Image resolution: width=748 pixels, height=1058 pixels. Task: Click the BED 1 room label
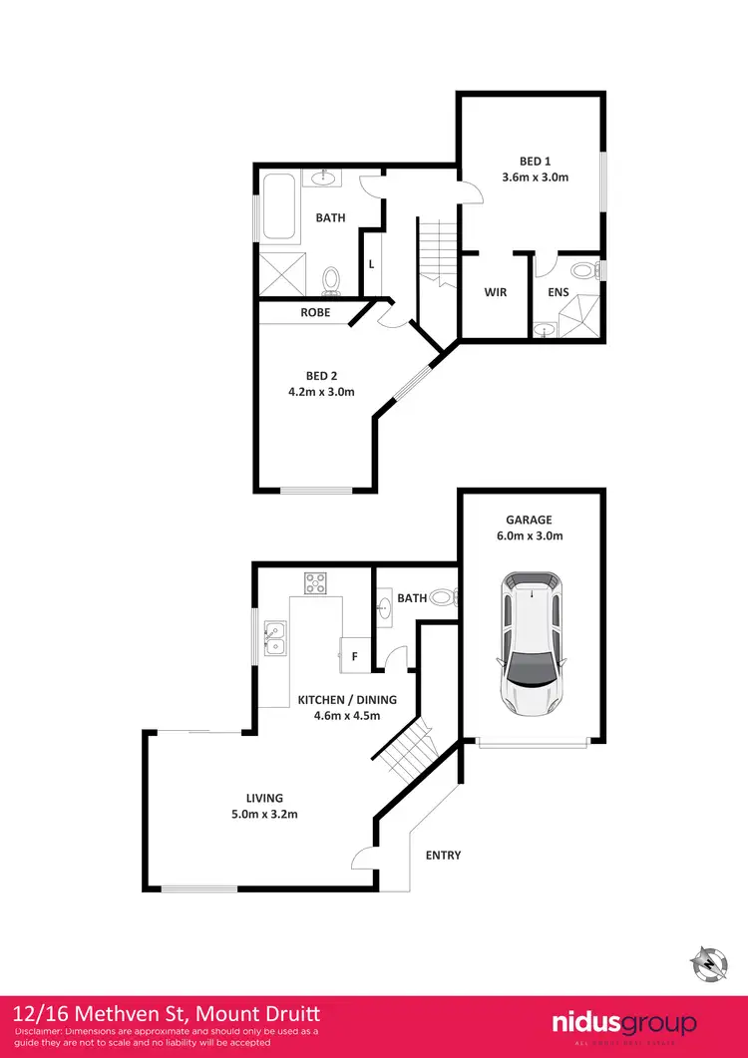[535, 162]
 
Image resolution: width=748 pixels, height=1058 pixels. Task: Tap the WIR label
[496, 293]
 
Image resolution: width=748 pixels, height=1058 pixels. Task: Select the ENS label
[558, 293]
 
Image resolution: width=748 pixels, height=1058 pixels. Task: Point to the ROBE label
[316, 313]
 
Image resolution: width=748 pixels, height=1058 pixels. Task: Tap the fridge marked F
[354, 655]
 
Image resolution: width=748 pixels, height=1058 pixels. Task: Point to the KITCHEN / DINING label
[347, 700]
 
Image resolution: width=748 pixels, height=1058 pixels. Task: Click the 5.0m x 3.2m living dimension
[266, 814]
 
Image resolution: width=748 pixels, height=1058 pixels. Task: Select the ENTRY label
[443, 856]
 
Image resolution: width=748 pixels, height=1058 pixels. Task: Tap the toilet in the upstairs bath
[332, 280]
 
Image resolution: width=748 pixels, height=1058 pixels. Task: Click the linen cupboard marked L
[371, 264]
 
